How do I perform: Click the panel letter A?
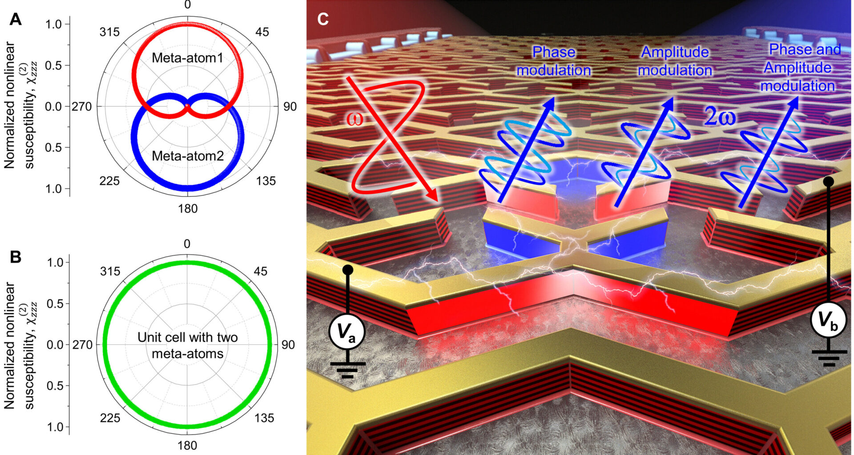point(16,20)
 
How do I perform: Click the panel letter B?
point(16,257)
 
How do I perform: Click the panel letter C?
point(323,19)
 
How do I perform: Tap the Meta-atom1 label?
point(187,58)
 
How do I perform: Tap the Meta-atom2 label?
point(187,156)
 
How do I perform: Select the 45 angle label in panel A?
point(262,32)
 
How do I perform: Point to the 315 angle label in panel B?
point(109,271)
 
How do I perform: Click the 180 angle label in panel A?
point(187,208)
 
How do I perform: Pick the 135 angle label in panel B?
point(264,418)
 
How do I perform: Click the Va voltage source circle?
point(347,331)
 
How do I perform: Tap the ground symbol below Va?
point(347,369)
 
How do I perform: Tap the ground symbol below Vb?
point(829,357)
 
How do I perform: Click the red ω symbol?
point(354,119)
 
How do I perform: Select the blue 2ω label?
point(719,117)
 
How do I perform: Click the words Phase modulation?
point(554,61)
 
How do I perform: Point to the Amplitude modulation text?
point(675,61)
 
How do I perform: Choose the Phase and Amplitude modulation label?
point(799,68)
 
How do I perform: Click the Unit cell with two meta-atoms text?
point(187,345)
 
